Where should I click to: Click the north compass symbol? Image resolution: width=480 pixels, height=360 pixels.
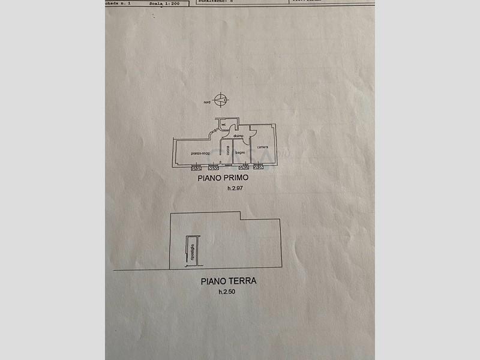[x=221, y=99]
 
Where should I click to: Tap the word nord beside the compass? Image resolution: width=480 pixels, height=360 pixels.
[x=206, y=103]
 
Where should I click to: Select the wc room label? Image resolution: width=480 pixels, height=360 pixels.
[x=224, y=124]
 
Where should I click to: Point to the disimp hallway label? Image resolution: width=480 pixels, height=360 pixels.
[x=238, y=136]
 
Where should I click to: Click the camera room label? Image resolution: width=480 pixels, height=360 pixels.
[x=262, y=148]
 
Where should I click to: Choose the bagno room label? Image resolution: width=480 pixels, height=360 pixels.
[x=240, y=153]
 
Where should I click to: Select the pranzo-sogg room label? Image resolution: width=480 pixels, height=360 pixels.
[x=200, y=154]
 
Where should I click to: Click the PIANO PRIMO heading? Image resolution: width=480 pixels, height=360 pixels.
[x=223, y=178]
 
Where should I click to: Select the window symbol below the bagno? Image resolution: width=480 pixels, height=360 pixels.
[x=244, y=167]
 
